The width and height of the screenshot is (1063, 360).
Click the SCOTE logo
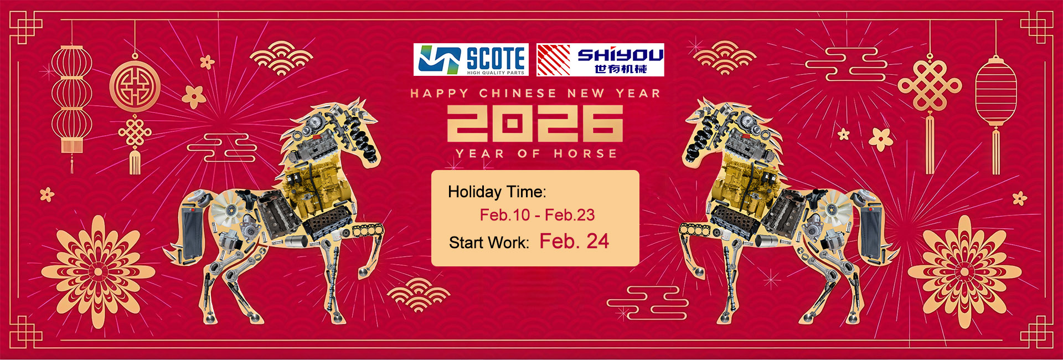point(471,59)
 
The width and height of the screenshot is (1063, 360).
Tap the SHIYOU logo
point(600,59)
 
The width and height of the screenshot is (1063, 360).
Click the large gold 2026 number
point(535,123)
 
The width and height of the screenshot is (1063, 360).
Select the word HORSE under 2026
point(585,153)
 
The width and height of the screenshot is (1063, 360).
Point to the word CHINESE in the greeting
point(518,94)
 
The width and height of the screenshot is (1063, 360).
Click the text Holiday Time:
point(497,192)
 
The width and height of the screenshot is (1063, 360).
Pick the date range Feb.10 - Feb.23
point(537,215)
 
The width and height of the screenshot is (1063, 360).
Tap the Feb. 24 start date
point(574,241)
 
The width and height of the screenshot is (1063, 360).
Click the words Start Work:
point(489,243)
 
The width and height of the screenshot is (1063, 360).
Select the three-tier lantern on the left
point(71,100)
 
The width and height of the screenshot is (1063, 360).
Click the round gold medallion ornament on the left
point(135,86)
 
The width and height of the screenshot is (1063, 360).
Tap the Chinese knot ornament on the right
point(930,85)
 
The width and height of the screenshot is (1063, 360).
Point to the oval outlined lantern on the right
point(996,91)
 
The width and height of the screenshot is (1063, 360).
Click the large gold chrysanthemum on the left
point(98,271)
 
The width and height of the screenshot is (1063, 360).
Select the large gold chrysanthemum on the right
point(964,271)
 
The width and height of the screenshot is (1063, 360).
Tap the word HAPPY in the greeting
point(440,94)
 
